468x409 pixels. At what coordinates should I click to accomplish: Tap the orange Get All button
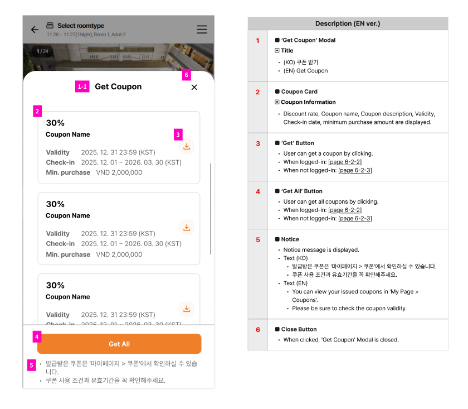pos(119,344)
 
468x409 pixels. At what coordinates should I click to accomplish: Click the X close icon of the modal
pos(194,87)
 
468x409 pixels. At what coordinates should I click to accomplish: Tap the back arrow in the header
pos(35,30)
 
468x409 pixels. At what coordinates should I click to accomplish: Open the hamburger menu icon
pos(202,30)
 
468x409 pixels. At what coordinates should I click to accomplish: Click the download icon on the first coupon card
pos(187,146)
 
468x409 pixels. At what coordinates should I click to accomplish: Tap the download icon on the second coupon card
pos(187,228)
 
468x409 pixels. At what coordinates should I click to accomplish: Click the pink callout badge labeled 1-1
pos(82,86)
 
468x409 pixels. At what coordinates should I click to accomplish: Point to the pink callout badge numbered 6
pos(187,75)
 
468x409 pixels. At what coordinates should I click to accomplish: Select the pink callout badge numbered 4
pos(37,337)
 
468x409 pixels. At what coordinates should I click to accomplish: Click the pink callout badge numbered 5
pos(32,365)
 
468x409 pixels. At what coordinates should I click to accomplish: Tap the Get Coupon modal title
pos(118,86)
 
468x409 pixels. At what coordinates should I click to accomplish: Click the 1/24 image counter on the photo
pos(42,51)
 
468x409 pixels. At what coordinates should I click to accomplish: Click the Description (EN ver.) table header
pos(348,23)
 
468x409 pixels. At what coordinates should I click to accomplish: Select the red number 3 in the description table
pos(258,143)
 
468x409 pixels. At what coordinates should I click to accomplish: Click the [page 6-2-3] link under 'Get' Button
pos(355,170)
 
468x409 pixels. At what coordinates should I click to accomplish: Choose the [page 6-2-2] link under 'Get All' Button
pos(345,210)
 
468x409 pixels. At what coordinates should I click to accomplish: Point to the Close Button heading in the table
pos(299,329)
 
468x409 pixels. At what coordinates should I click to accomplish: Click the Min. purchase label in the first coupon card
pos(68,172)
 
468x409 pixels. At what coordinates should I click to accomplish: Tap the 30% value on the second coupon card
pos(55,204)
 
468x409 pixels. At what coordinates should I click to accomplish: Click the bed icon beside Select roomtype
pos(50,26)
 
